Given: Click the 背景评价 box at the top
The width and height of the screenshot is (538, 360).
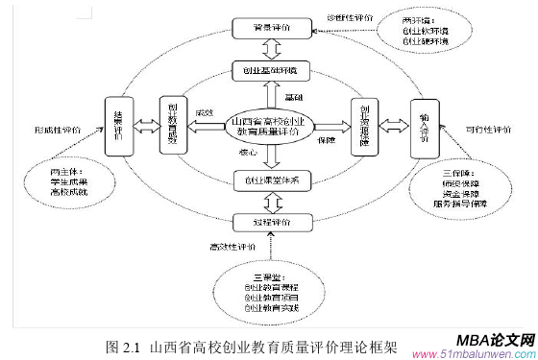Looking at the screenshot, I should (271, 30).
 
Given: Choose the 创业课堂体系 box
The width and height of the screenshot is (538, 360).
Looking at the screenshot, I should (271, 180).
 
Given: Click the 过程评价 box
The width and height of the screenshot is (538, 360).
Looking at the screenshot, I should (271, 222).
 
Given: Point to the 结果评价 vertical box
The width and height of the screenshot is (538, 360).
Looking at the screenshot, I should (118, 126).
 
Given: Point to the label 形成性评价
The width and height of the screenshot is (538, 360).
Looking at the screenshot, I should (58, 129).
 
